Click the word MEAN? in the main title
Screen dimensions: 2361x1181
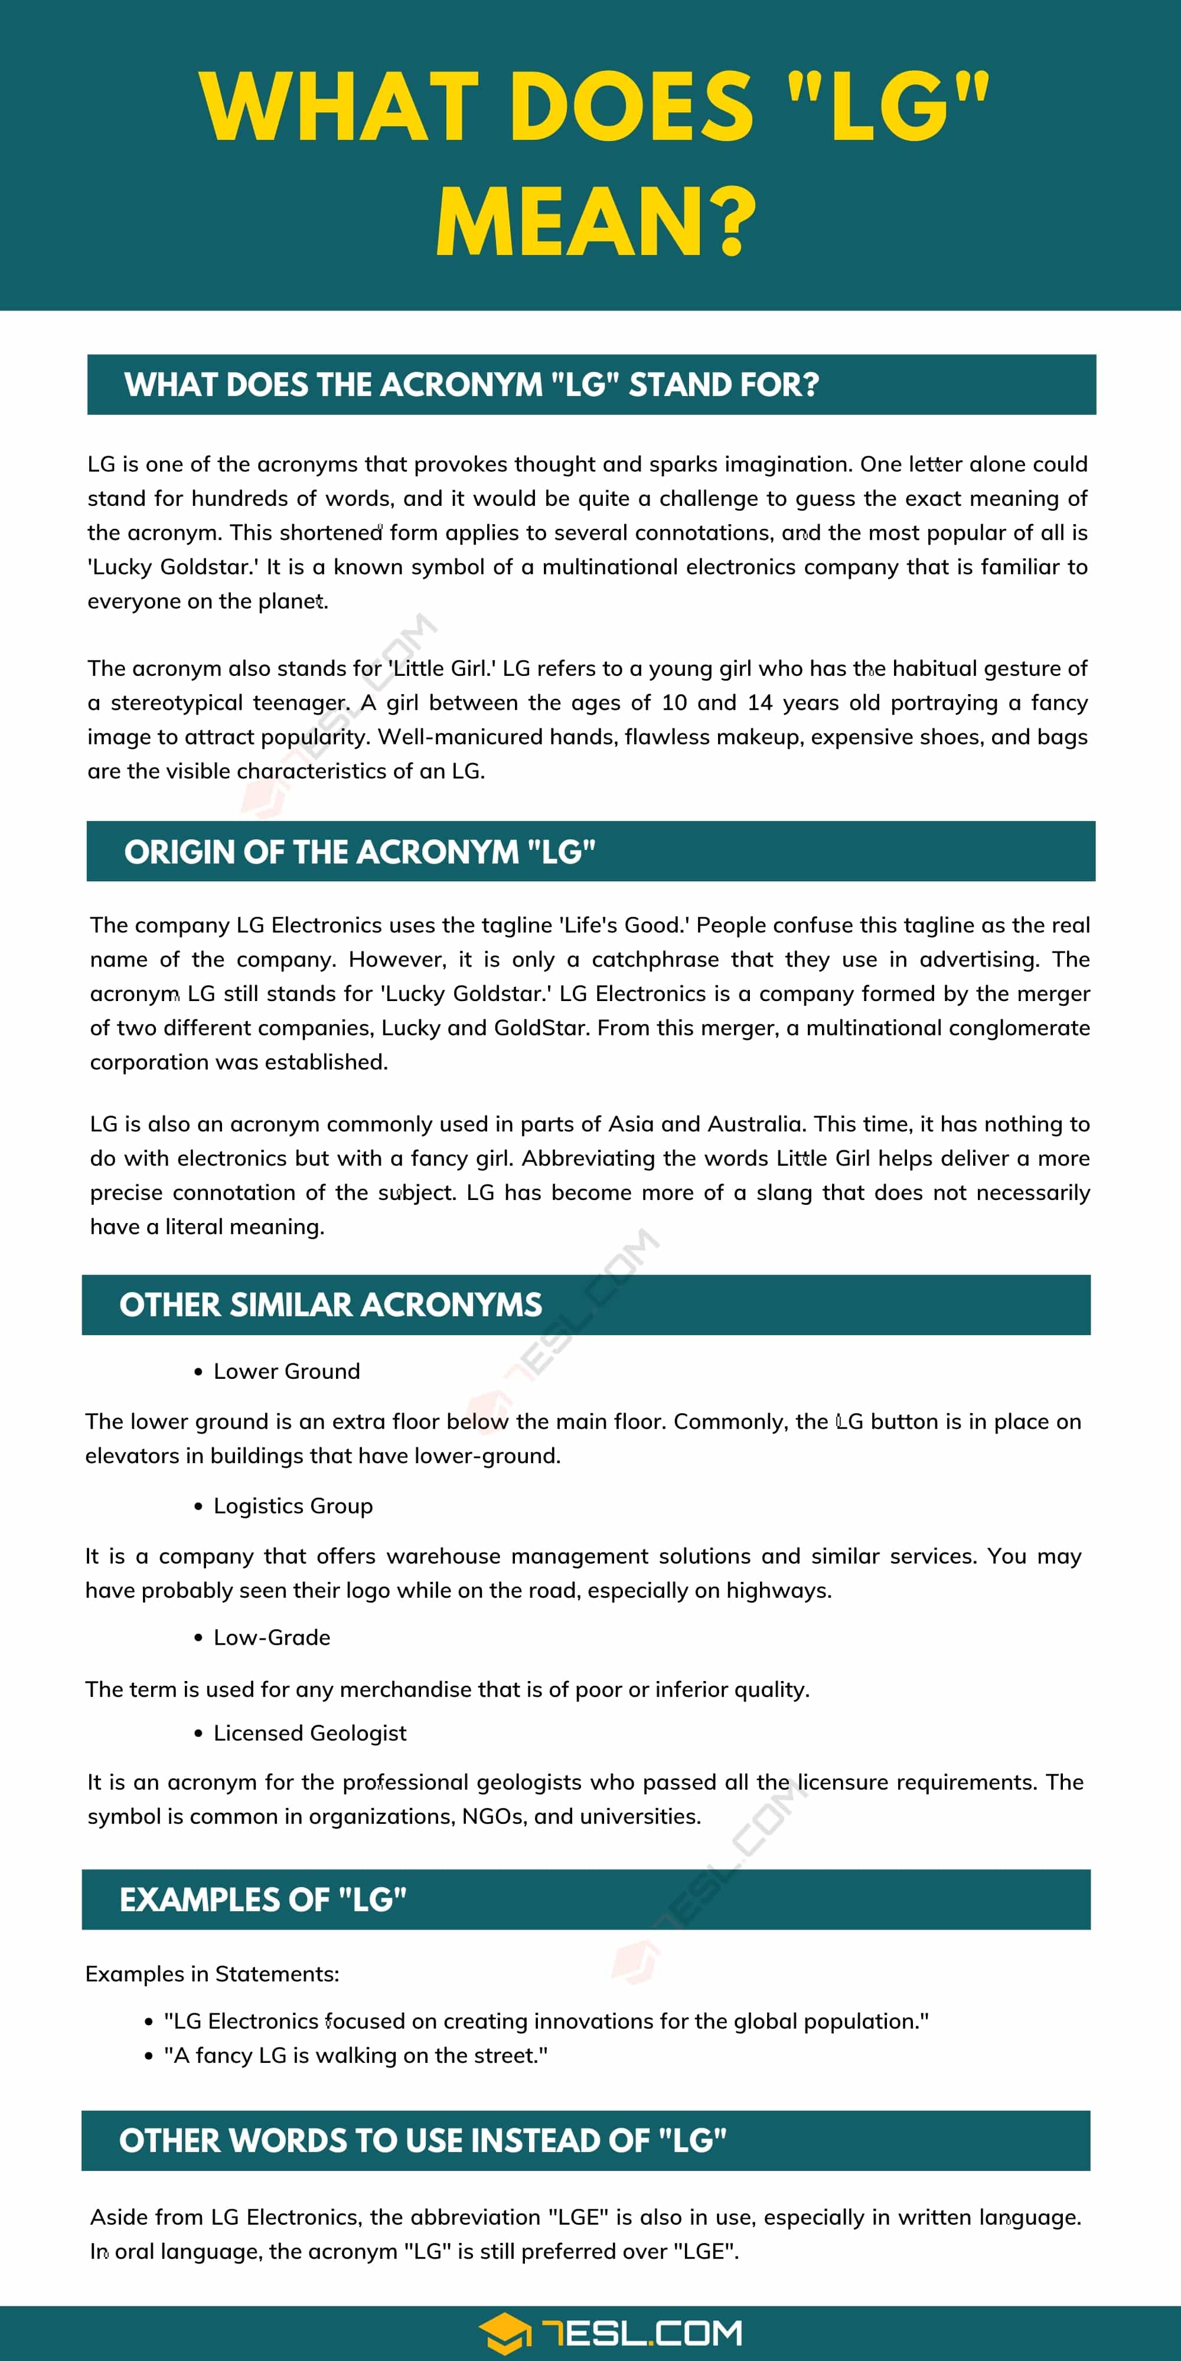(x=596, y=223)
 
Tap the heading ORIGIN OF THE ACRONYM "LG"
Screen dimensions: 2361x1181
(x=360, y=852)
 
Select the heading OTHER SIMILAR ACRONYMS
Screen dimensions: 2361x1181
(x=330, y=1304)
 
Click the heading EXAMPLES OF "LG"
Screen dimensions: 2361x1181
(x=263, y=1899)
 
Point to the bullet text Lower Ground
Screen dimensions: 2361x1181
(x=286, y=1371)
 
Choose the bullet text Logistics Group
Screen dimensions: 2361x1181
(x=292, y=1506)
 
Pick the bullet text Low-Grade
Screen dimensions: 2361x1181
(x=272, y=1637)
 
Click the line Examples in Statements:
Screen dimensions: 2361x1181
(x=212, y=1973)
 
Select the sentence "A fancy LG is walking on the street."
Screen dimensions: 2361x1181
(x=355, y=2055)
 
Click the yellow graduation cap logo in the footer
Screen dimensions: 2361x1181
(x=503, y=2333)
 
